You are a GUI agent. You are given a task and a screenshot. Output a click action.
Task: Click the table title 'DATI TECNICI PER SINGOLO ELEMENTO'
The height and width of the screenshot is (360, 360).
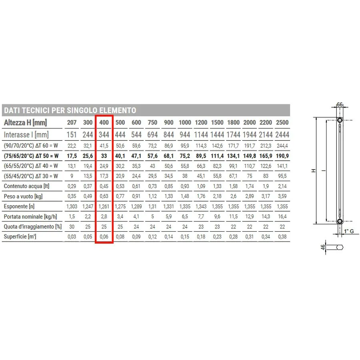[70, 110]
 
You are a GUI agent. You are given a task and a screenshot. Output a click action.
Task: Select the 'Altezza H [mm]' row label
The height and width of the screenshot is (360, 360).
[25, 123]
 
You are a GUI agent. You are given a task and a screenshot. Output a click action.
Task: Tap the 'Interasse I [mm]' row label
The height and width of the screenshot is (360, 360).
[26, 135]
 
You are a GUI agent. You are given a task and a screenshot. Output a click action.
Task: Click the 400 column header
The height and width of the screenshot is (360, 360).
[104, 122]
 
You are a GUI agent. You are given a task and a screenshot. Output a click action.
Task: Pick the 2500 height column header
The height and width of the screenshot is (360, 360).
[282, 122]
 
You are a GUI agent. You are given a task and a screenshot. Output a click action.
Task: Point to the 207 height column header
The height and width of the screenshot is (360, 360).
[72, 122]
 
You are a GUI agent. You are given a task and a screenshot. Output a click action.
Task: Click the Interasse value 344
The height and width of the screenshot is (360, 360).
[104, 135]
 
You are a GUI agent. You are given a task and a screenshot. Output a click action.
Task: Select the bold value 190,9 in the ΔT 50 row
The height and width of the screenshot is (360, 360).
[282, 156]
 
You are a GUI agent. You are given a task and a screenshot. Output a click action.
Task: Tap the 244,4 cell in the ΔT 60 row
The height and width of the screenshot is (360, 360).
[282, 146]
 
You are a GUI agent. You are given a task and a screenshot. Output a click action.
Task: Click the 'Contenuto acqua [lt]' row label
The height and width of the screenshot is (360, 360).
[27, 186]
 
